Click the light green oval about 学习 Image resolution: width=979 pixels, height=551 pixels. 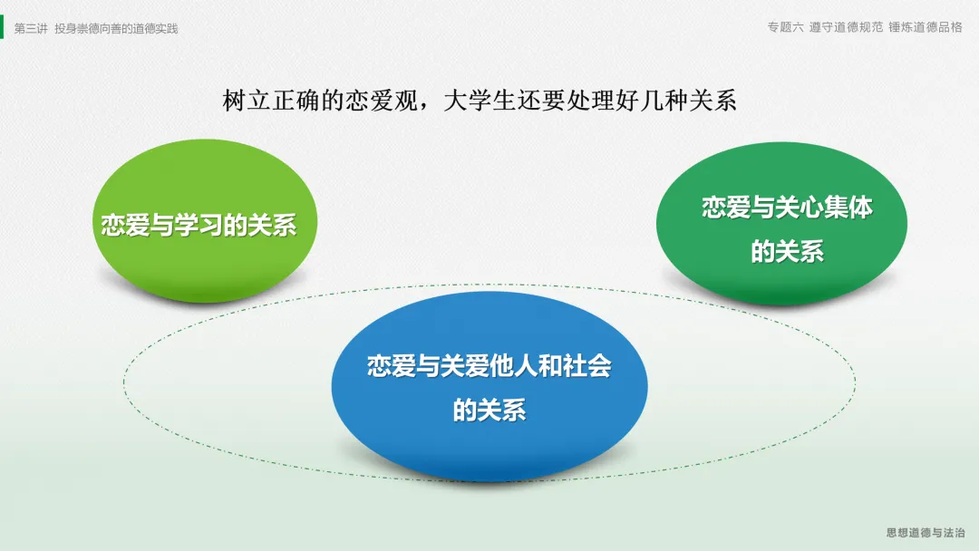pyautogui.click(x=205, y=220)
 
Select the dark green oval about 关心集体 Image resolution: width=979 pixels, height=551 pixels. pyautogui.click(x=781, y=223)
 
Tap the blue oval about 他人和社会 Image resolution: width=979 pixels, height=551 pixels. pyautogui.click(x=489, y=386)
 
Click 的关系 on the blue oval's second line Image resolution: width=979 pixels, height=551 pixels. pyautogui.click(x=489, y=410)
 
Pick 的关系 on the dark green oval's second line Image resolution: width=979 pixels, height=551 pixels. pyautogui.click(x=788, y=251)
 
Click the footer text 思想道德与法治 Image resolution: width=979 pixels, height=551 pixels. pyautogui.click(x=926, y=532)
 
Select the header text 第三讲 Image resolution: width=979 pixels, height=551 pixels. pyautogui.click(x=31, y=29)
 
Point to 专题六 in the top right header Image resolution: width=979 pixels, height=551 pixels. pyautogui.click(x=785, y=27)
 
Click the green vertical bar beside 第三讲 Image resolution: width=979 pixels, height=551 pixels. pyautogui.click(x=2, y=27)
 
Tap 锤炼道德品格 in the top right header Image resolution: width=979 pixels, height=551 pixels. pyautogui.click(x=926, y=27)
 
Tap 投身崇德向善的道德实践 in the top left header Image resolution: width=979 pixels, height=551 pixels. pyautogui.click(x=116, y=29)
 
